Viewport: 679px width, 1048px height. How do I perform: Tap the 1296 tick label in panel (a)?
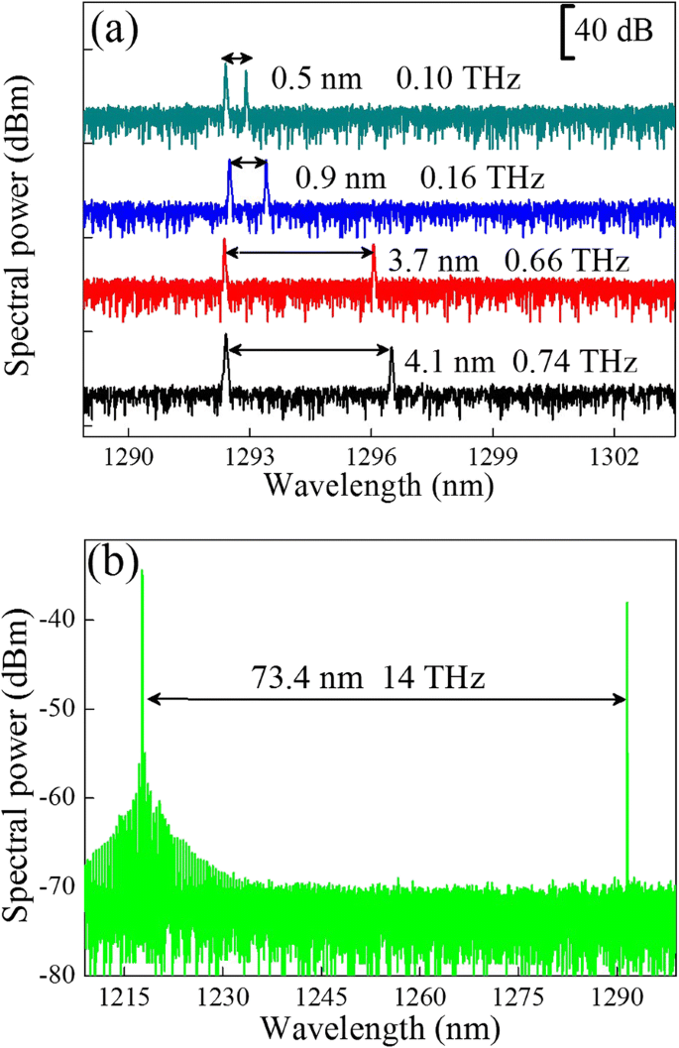click(372, 460)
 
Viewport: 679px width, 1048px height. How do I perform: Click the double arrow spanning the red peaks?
click(299, 254)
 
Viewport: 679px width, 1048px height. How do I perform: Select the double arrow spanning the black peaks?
click(308, 349)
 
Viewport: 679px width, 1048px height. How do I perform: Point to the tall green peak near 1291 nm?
click(626, 694)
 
